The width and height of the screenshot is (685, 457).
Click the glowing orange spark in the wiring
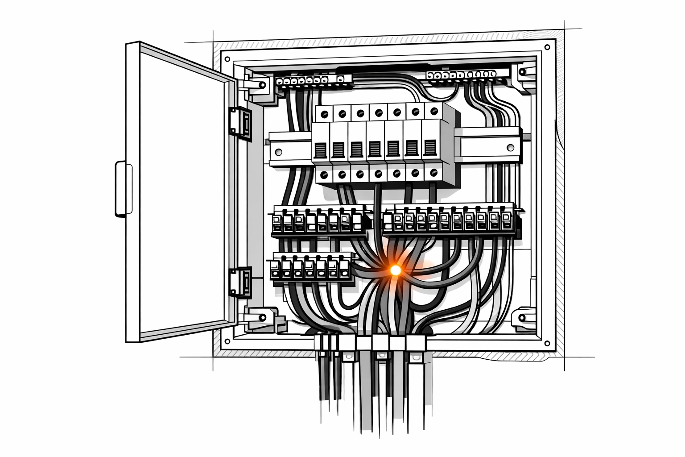(x=395, y=270)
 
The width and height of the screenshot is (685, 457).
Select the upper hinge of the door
(x=239, y=121)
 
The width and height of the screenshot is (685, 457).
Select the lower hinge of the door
(x=239, y=281)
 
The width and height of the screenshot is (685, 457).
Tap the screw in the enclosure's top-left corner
(x=227, y=59)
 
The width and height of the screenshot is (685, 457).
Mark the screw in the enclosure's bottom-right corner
(x=546, y=343)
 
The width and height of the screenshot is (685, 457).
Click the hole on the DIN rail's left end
(x=279, y=152)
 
